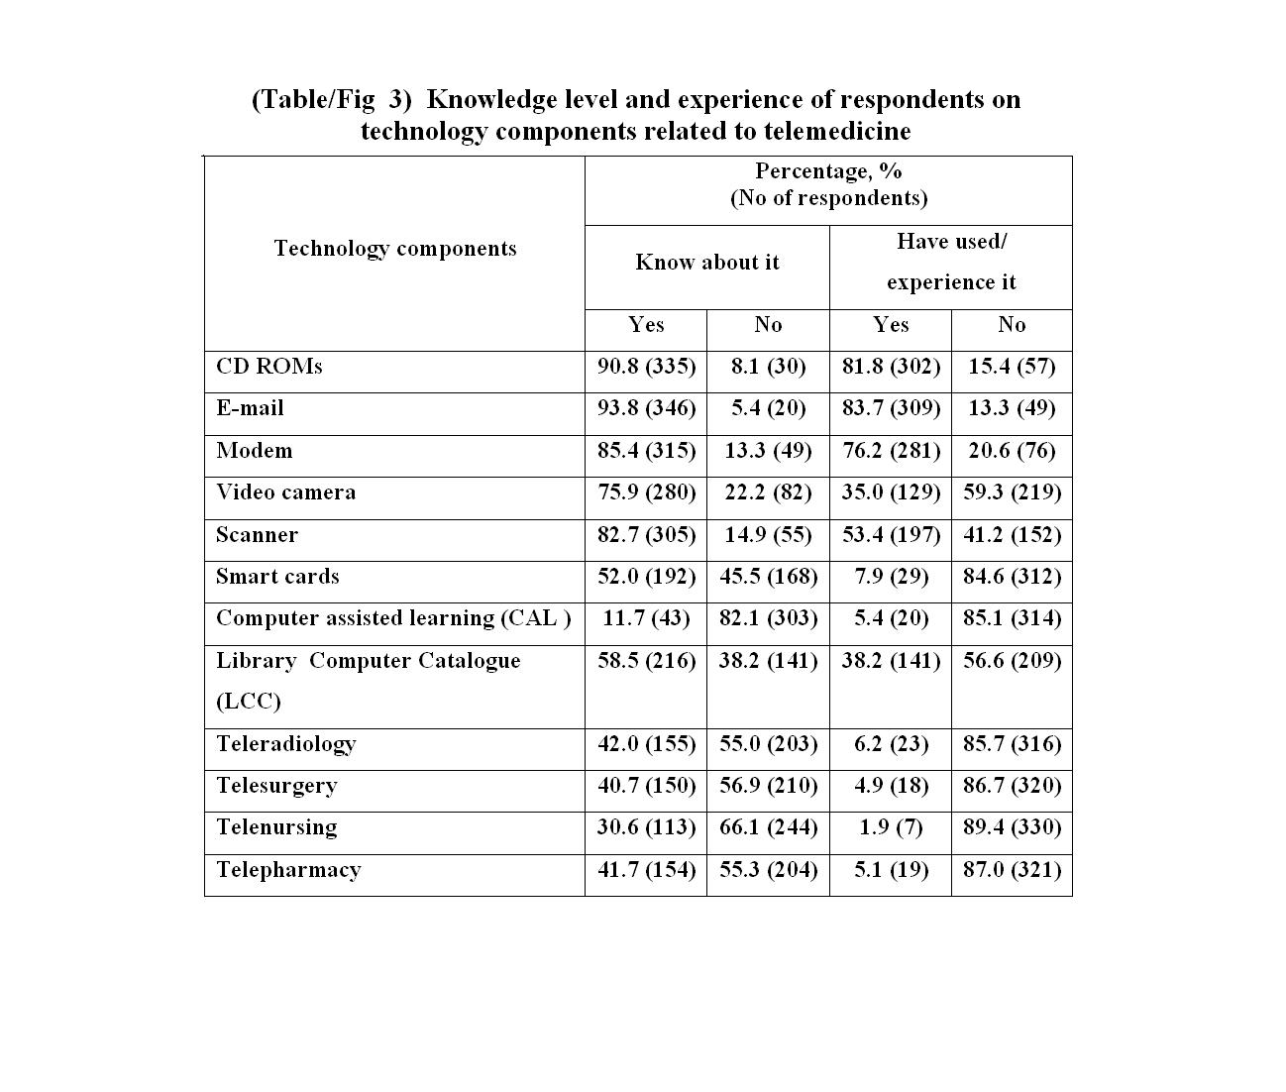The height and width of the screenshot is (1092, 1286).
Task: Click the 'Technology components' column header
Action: pos(394,249)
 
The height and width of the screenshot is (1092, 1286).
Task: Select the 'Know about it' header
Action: pos(706,263)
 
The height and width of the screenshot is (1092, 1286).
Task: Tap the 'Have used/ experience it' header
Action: pos(951,263)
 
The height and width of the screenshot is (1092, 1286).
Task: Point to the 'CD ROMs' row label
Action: pos(269,367)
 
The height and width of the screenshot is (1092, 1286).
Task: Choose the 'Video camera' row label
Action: pos(285,492)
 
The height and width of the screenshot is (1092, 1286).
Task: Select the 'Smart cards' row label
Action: pos(277,577)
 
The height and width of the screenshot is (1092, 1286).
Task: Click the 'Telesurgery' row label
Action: pos(276,786)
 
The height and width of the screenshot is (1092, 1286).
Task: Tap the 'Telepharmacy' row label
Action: pos(288,870)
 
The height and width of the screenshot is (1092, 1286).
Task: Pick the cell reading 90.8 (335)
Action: pos(646,367)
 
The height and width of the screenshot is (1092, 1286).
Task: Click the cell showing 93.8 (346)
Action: pos(646,408)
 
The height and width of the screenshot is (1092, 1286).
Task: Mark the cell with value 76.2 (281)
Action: pos(891,451)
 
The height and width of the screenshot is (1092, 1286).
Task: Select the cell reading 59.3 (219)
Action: pos(1012,492)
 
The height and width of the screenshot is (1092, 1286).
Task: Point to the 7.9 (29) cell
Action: pos(891,577)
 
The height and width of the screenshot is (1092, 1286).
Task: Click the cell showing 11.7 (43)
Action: pos(646,618)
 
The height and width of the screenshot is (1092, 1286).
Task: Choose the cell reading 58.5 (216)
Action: pos(646,661)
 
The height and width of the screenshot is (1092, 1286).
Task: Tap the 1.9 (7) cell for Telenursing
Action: pos(891,827)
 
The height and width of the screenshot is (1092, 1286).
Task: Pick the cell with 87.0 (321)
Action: pos(1012,870)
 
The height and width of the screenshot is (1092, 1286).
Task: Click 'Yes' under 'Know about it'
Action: pos(646,325)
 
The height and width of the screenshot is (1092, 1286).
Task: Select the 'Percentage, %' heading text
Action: pos(828,171)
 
